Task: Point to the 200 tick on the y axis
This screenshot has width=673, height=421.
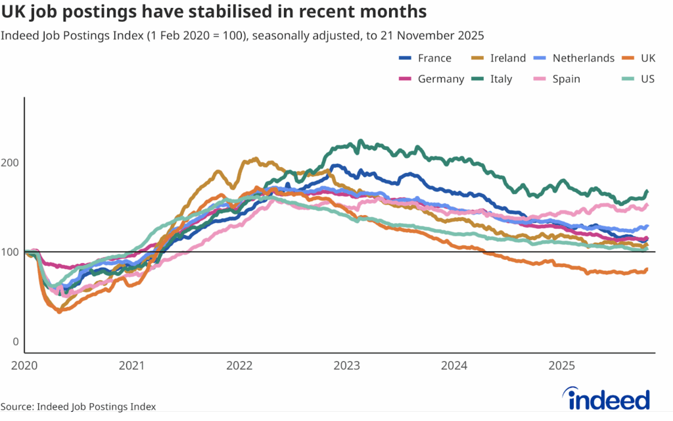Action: click(x=12, y=162)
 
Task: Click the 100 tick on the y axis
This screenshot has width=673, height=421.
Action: click(x=12, y=252)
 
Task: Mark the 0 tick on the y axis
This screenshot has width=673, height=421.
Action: click(x=16, y=342)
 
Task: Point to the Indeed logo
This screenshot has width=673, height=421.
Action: click(x=607, y=399)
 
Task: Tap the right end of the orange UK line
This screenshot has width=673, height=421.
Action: click(x=647, y=269)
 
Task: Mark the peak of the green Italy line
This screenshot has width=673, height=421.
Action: click(x=360, y=141)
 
